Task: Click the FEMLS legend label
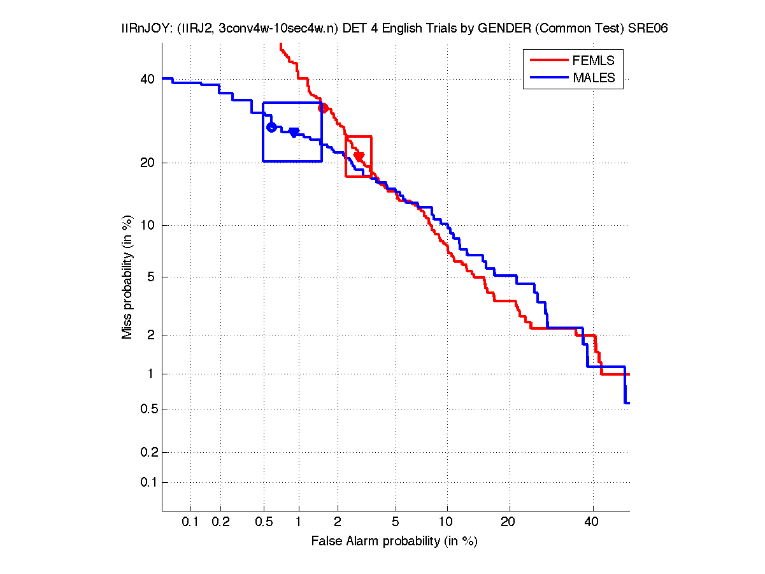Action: click(594, 60)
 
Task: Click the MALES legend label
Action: click(594, 78)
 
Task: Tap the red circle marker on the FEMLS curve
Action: click(323, 108)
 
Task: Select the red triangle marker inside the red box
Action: click(359, 156)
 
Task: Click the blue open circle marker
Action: click(271, 127)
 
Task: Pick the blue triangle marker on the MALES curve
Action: click(294, 132)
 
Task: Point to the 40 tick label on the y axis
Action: click(147, 79)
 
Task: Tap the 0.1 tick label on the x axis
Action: click(190, 522)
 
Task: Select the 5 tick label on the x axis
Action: click(396, 522)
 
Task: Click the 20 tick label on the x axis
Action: click(508, 522)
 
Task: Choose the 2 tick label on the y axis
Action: click(150, 335)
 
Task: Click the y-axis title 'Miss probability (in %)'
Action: click(127, 276)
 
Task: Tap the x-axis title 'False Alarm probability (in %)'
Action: click(394, 541)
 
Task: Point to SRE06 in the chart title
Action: click(648, 29)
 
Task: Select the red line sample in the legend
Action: click(549, 60)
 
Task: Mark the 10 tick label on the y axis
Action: click(147, 225)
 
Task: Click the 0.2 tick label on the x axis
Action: click(220, 522)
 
